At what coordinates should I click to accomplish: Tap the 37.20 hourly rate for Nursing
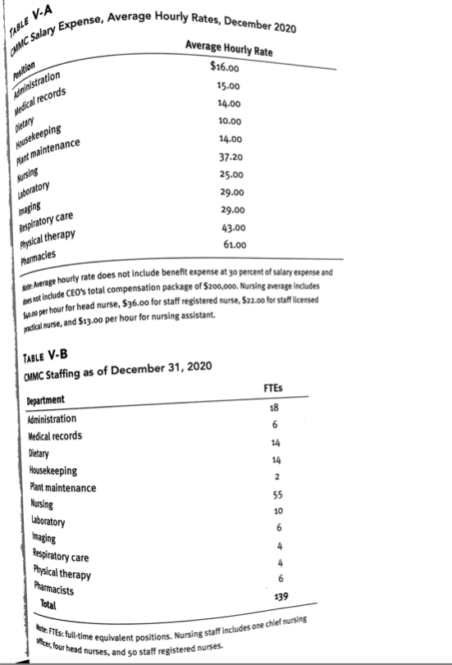point(227,156)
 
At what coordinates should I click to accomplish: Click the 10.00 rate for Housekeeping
point(227,121)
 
